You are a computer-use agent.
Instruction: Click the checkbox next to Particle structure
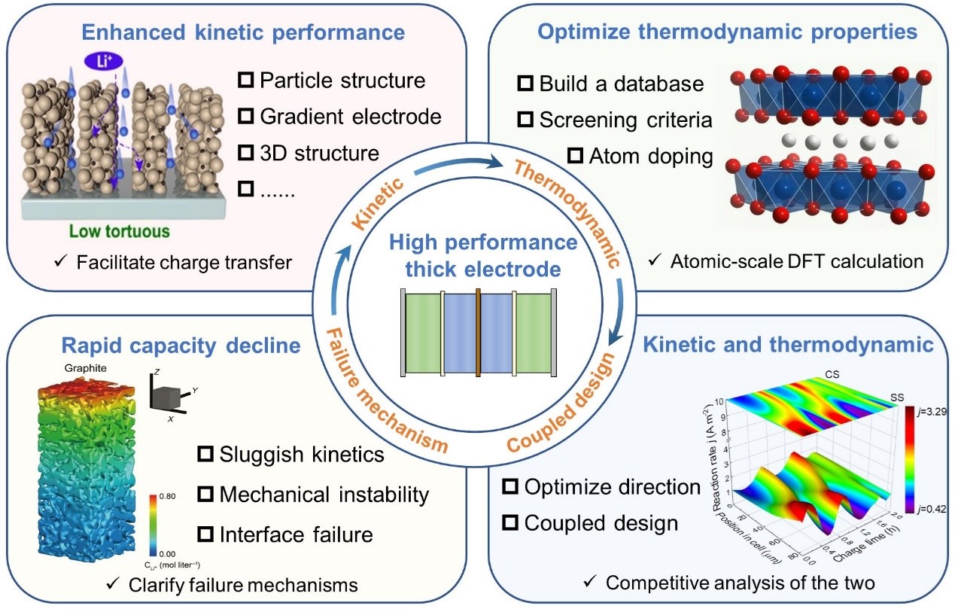[245, 79]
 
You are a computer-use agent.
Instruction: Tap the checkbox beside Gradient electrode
[245, 116]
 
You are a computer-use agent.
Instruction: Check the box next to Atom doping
[576, 156]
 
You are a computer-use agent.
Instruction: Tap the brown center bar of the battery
[478, 330]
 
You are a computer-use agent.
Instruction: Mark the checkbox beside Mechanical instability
[204, 495]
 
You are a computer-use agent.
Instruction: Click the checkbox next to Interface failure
[204, 534]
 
